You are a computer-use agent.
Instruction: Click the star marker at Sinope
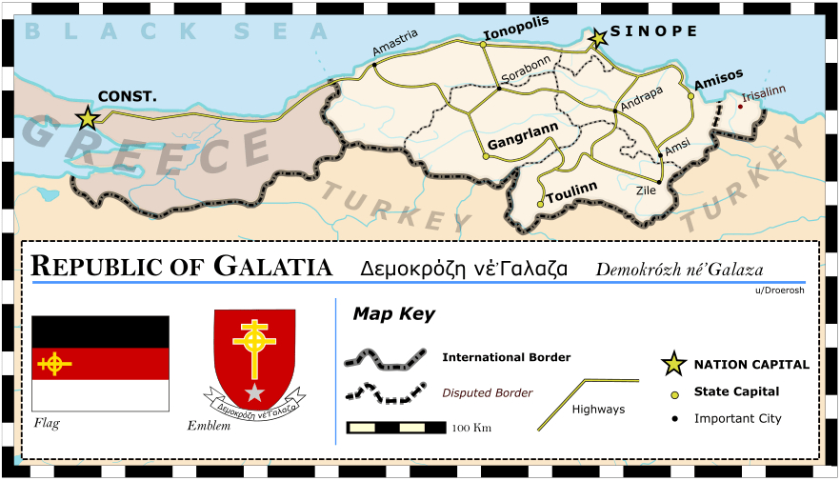[598, 38]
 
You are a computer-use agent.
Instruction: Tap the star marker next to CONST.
[88, 118]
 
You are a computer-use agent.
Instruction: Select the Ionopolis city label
[516, 35]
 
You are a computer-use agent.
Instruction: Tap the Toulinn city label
[571, 189]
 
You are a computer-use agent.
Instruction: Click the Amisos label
[719, 83]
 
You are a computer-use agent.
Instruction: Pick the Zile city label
[646, 190]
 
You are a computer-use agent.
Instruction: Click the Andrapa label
[641, 94]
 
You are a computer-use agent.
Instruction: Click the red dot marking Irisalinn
[740, 107]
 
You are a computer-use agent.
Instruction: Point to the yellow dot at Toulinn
[540, 204]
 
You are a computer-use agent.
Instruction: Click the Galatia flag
[101, 363]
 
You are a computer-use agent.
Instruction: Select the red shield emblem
[254, 357]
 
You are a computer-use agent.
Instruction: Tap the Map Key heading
[393, 313]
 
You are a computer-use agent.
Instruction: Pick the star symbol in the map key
[673, 363]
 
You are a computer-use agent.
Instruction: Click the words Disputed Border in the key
[488, 392]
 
